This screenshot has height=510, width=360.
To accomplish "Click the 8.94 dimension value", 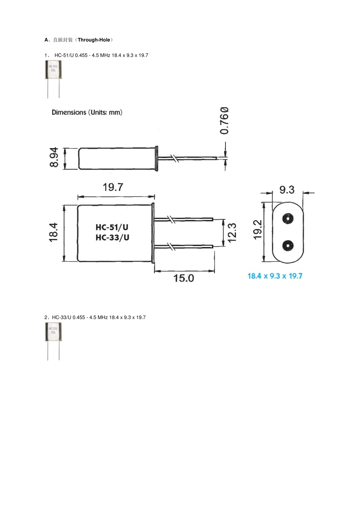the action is (54, 157).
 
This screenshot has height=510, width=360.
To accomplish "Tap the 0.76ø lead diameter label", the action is (224, 120).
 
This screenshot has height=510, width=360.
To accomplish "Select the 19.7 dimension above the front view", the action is (113, 187).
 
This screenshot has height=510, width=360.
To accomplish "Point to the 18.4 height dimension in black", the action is (53, 232).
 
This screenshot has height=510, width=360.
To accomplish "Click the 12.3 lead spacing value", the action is (232, 233).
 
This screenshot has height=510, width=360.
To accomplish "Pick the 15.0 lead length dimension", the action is (184, 278).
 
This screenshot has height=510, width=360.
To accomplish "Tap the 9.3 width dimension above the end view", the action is (287, 190).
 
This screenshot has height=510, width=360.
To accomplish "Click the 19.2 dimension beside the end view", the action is (258, 230).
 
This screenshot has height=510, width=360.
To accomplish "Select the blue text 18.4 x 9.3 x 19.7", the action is (275, 276).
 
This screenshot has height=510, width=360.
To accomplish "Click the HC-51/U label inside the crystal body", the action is (112, 227).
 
